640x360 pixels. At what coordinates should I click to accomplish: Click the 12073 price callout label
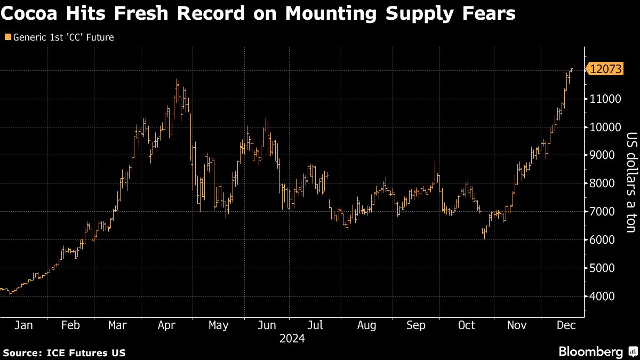[x=606, y=69]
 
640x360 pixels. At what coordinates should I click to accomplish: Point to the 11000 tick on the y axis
[x=605, y=99]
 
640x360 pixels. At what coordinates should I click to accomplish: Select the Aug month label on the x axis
[x=366, y=325]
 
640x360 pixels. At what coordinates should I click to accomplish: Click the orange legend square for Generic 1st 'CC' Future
[x=7, y=37]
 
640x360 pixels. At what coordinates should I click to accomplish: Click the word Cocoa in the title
[x=28, y=14]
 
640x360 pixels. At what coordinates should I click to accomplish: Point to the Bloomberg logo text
[x=590, y=352]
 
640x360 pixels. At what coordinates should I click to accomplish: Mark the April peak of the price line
[x=177, y=80]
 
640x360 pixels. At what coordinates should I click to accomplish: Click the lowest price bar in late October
[x=484, y=238]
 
